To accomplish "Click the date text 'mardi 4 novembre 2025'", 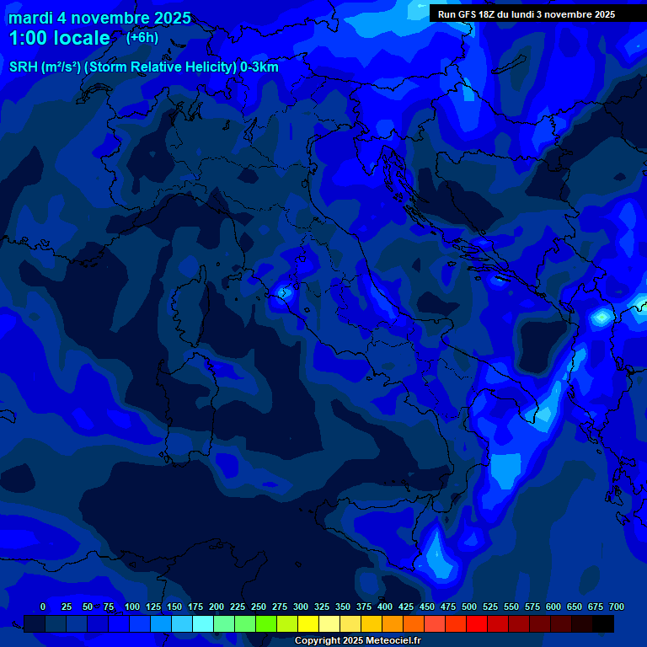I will click(99, 18).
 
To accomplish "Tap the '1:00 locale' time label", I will click(59, 38).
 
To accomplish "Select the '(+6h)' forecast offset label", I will click(142, 37).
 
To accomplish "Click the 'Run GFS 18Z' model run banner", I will click(527, 13).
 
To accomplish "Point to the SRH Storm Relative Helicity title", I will click(144, 67).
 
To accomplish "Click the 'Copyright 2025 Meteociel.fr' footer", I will click(358, 641).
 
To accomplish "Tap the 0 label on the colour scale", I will click(43, 607).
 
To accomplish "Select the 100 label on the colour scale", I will click(132, 607).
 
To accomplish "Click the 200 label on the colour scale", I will click(217, 607).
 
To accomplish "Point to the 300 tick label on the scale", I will click(301, 607).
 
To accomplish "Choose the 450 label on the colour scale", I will click(427, 607).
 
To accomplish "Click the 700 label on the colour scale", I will click(616, 607).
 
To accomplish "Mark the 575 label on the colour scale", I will click(532, 607).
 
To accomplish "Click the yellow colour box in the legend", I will click(308, 623).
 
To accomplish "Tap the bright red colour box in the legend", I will click(477, 623).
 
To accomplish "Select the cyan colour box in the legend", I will click(203, 623).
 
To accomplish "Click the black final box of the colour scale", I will click(603, 623).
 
